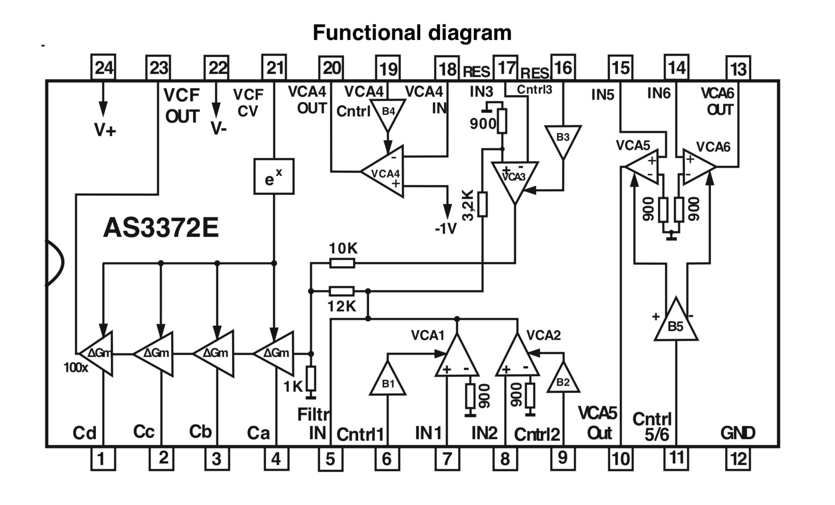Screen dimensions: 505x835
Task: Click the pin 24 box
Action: pos(103,68)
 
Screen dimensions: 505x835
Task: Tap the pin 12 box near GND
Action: pos(738,459)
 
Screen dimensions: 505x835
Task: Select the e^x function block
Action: pos(274,176)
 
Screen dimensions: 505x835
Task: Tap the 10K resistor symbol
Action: pos(342,263)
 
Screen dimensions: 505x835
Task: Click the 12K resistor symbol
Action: pos(341,291)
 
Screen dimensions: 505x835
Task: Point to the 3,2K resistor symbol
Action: pos(482,204)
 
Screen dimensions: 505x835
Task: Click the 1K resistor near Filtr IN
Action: pos(311,378)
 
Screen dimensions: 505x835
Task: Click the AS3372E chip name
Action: pos(161,228)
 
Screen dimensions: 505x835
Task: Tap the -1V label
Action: pos(446,229)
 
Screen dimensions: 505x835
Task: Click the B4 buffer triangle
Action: pos(388,113)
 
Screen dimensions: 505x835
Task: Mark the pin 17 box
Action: pos(505,68)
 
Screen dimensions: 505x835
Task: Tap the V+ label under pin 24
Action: pos(105,130)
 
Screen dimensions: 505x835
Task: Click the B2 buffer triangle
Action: pos(563,380)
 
